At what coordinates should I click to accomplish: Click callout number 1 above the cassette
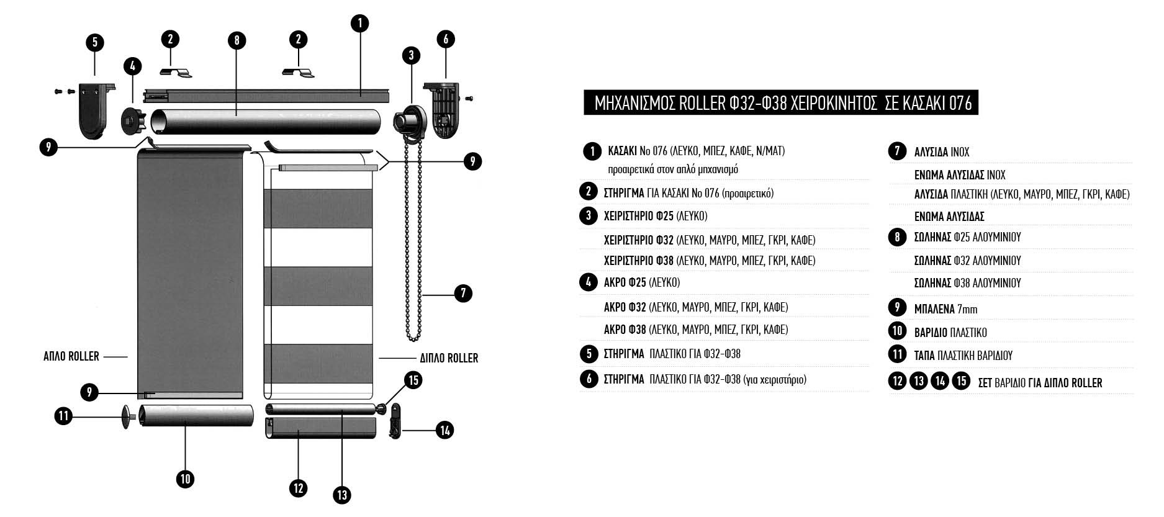(359, 24)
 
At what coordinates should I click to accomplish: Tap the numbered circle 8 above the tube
(237, 41)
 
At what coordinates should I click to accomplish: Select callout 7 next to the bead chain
(463, 293)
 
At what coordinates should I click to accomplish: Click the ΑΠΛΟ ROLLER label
(71, 356)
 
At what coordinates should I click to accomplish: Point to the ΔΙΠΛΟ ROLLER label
(449, 358)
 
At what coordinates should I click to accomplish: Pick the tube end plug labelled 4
(133, 116)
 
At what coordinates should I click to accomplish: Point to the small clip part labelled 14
(395, 422)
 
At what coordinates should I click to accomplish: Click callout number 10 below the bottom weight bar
(185, 479)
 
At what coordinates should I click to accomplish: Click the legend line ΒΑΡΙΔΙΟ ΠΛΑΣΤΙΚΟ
(950, 332)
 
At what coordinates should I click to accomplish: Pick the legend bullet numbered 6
(589, 378)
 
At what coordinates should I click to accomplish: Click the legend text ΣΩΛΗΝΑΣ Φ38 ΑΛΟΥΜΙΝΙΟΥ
(967, 283)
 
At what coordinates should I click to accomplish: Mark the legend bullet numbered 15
(961, 380)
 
